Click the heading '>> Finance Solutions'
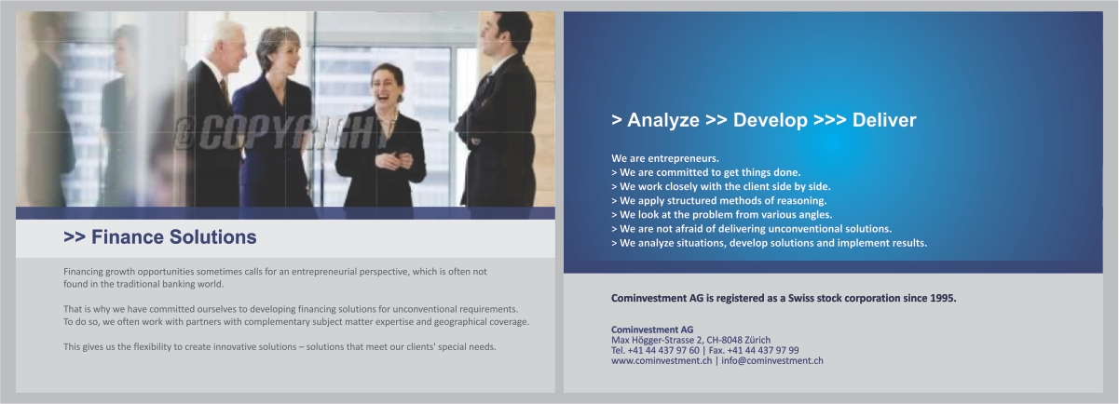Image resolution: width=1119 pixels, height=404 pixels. point(159,237)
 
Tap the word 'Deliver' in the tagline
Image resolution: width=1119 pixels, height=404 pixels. point(883,120)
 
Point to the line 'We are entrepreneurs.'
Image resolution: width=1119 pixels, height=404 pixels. point(665,158)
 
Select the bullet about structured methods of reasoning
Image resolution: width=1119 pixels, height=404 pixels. point(718,200)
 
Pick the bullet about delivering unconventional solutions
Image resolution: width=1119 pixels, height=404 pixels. point(751,228)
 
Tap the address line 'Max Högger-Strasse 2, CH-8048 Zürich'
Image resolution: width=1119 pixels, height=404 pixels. point(690,340)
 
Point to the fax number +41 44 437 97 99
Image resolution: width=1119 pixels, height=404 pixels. point(761,350)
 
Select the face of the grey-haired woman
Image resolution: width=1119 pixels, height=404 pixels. point(278,50)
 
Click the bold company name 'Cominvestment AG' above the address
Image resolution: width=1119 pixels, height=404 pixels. point(652,330)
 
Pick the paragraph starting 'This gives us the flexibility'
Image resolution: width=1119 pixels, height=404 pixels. point(280,347)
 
